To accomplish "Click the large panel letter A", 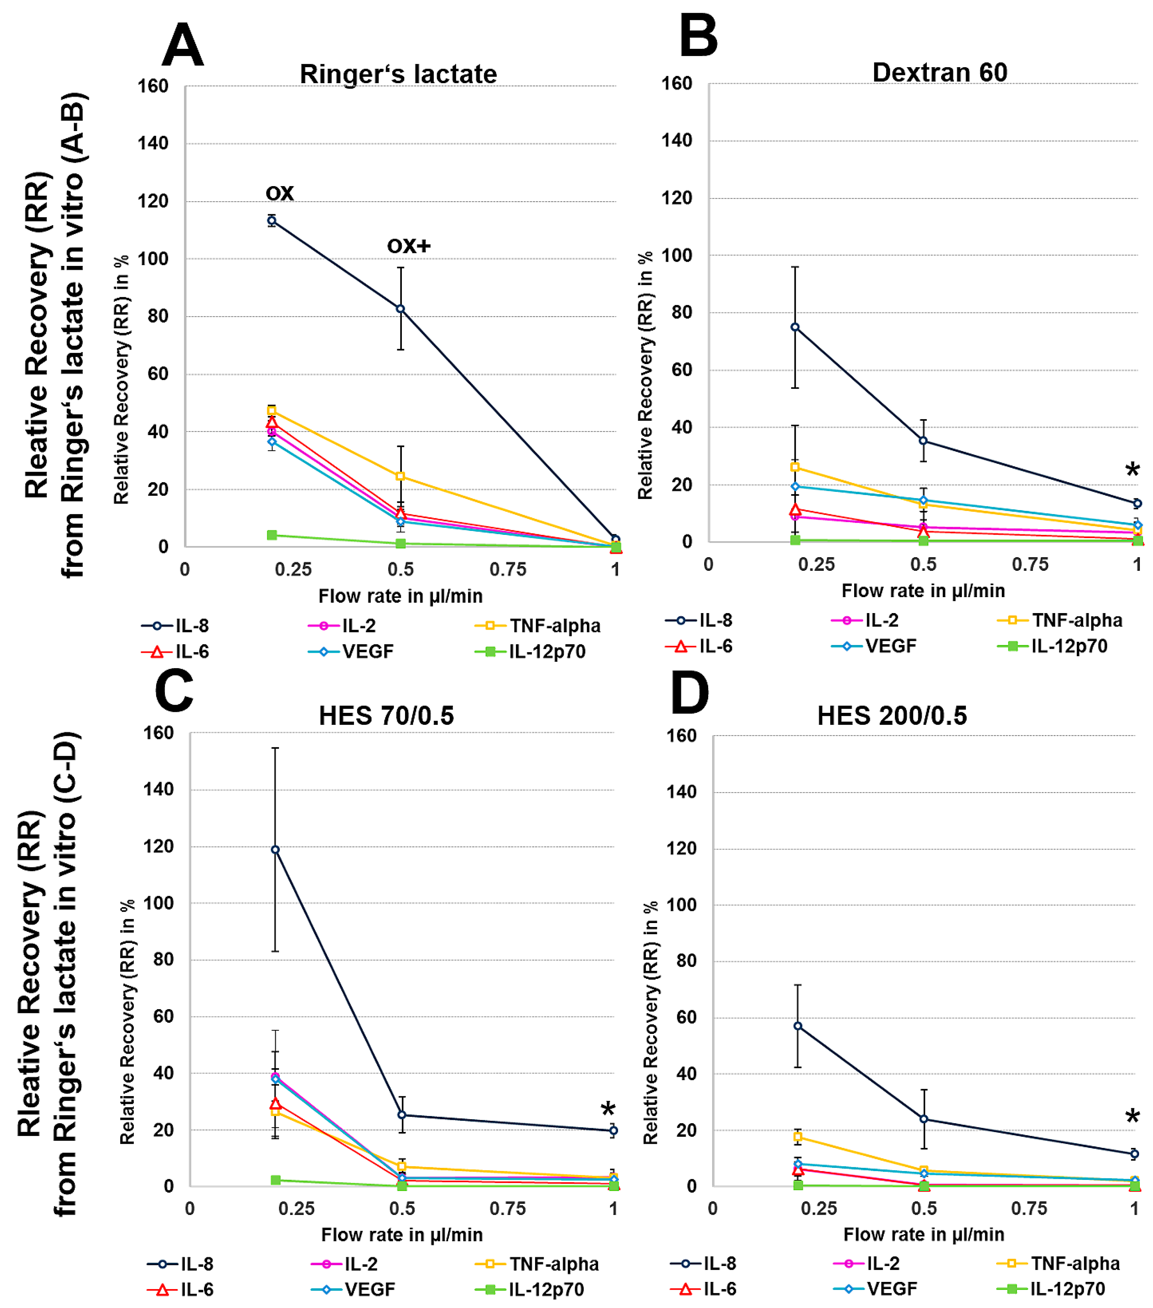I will click(x=183, y=46).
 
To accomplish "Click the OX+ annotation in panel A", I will click(x=409, y=246).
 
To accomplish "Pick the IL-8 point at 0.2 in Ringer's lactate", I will click(x=272, y=221).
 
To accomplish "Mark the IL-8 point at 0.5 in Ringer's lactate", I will click(x=401, y=309).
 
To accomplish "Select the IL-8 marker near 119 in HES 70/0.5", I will click(x=275, y=850).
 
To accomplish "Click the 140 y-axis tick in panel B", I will click(x=676, y=140).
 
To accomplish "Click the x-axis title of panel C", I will click(x=402, y=1234).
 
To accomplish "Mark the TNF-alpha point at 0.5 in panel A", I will click(x=401, y=477).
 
